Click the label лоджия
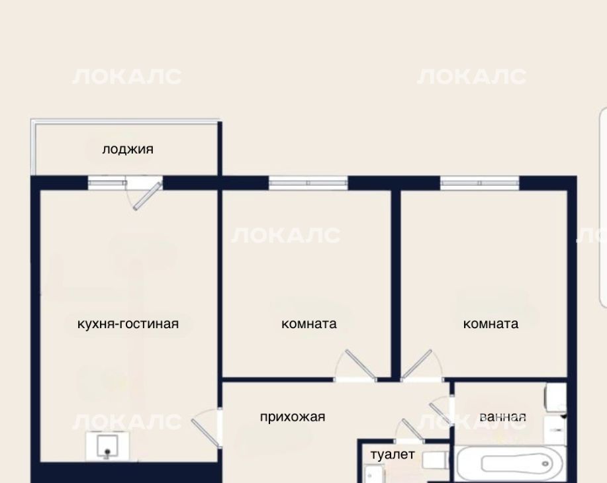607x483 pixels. [x=128, y=150]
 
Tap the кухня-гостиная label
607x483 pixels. [x=128, y=324]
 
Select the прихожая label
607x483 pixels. [x=293, y=417]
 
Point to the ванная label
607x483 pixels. [x=502, y=417]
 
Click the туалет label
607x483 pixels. [x=393, y=455]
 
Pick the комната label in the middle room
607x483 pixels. [x=309, y=324]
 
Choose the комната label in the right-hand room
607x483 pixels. [x=490, y=324]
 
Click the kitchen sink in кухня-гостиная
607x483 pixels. [x=107, y=446]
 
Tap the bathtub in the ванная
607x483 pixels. [x=512, y=463]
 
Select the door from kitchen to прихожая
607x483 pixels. [x=206, y=429]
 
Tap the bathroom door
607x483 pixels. [x=442, y=411]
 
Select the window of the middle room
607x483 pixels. [x=308, y=183]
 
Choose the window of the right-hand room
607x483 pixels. [x=480, y=183]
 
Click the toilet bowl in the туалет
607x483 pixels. [x=435, y=461]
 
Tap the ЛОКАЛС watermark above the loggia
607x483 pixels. [x=126, y=77]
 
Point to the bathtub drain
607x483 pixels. [x=546, y=463]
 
